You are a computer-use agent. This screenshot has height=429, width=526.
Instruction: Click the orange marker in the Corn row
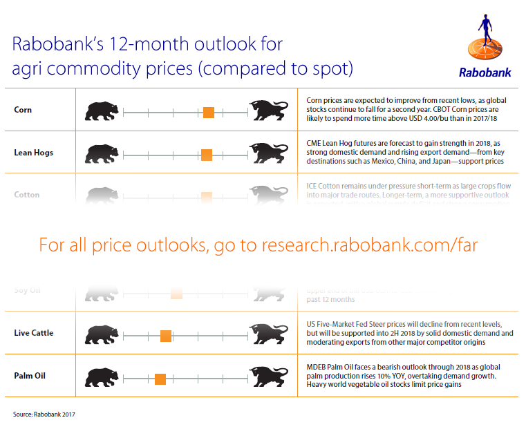pos(208,112)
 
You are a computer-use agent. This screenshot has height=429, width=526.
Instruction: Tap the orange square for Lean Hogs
pos(206,154)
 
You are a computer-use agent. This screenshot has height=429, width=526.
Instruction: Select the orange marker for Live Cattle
pos(165,336)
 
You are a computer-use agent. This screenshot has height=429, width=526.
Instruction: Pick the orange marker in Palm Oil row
pos(160,379)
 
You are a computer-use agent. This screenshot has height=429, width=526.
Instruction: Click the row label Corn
pos(23,110)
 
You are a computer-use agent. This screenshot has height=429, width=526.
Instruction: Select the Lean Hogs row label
pos(33,152)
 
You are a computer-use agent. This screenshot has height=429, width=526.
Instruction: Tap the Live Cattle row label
pos(33,333)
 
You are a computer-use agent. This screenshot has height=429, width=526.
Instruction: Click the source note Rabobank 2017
pos(44,414)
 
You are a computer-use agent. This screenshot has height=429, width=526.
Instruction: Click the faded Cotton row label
pos(27,195)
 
